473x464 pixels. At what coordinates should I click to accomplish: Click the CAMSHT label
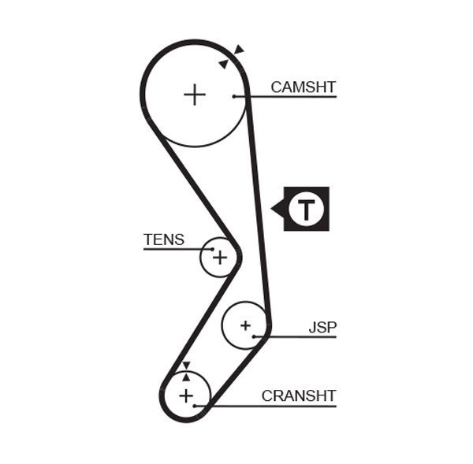click(x=303, y=87)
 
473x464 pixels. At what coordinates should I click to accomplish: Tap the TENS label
click(x=163, y=239)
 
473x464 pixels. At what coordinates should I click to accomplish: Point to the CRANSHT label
click(x=299, y=395)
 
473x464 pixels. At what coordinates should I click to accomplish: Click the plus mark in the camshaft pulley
click(x=194, y=95)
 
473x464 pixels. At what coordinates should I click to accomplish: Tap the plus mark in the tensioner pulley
click(x=219, y=257)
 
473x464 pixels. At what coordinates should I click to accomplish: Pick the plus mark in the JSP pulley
click(x=245, y=325)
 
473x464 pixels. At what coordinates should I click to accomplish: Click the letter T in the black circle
click(x=306, y=210)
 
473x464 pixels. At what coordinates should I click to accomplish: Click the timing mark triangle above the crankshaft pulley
click(x=186, y=365)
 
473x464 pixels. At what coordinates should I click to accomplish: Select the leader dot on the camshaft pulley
click(x=234, y=96)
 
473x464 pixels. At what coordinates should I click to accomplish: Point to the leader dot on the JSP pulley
click(x=255, y=336)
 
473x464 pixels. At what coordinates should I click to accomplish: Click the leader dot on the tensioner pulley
click(x=212, y=249)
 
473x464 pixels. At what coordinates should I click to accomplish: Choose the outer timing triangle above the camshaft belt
click(x=239, y=50)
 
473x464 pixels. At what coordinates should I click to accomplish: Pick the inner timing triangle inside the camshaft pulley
click(x=224, y=64)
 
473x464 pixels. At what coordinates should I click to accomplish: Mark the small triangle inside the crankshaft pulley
click(x=186, y=377)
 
